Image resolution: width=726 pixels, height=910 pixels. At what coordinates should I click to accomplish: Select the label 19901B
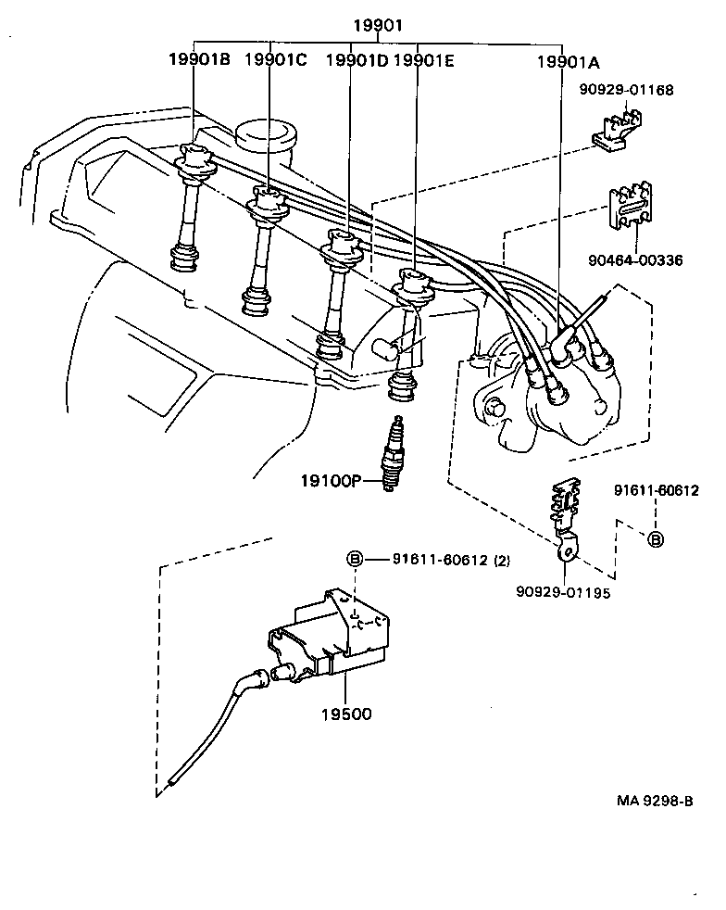coord(198,60)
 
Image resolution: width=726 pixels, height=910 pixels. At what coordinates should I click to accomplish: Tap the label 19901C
coord(275,60)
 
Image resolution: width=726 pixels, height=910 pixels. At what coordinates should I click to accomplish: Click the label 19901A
coord(568,62)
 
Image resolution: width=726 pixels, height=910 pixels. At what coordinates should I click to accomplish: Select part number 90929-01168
coord(626,90)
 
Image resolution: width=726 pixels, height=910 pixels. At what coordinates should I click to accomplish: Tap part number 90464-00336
coord(635,260)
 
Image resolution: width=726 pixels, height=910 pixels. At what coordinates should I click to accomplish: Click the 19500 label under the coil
coord(346,714)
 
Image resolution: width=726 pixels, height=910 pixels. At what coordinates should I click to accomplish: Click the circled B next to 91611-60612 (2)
coord(354,559)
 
